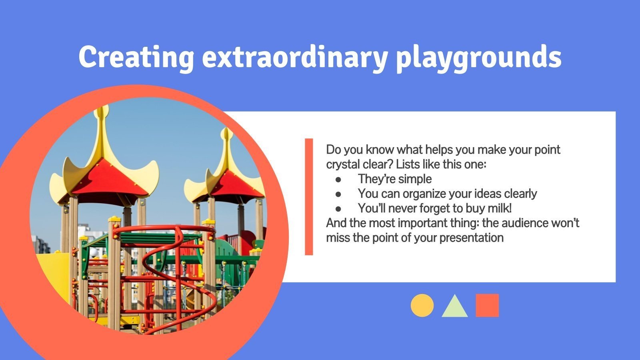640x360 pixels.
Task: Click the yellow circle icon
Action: pos(422,306)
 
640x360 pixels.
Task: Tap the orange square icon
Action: pos(487,306)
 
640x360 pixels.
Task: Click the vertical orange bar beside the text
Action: pos(309,197)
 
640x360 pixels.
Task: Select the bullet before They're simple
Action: pos(338,179)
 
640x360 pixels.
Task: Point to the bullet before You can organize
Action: pos(338,194)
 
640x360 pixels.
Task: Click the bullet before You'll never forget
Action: pos(338,209)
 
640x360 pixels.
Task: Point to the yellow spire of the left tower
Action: pos(102,120)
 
